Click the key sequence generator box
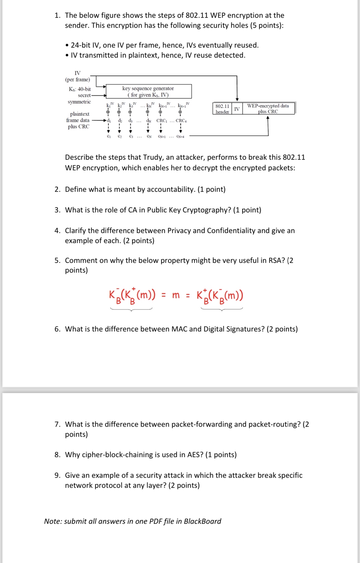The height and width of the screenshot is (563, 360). click(x=148, y=91)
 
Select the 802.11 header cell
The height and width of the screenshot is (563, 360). click(x=222, y=109)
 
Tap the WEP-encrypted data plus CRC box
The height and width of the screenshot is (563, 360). click(x=268, y=108)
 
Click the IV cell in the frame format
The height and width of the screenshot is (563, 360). click(x=237, y=109)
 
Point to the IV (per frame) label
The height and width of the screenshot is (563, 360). click(x=78, y=76)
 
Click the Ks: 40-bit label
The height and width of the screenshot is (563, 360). click(x=80, y=89)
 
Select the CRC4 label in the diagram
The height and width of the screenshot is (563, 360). click(x=181, y=121)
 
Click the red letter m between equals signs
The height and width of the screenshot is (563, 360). click(x=176, y=295)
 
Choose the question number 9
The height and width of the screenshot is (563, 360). click(x=57, y=475)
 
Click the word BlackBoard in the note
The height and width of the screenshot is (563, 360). click(x=202, y=521)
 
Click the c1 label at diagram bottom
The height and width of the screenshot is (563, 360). click(x=109, y=136)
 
